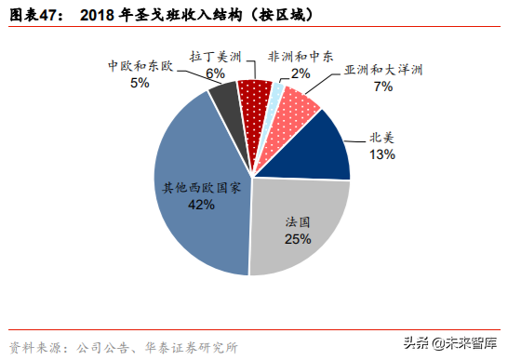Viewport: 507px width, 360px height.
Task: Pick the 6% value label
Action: pos(215,73)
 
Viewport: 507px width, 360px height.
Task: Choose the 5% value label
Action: pos(140,83)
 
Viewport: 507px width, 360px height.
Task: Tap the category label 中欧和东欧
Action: pos(140,67)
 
